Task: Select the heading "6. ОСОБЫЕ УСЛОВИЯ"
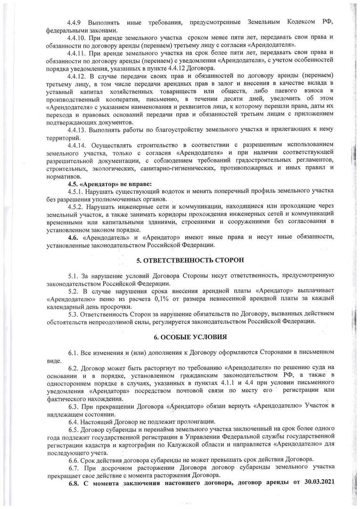pos(180,337)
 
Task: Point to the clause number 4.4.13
pos(77,129)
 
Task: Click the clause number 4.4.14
pos(77,144)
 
